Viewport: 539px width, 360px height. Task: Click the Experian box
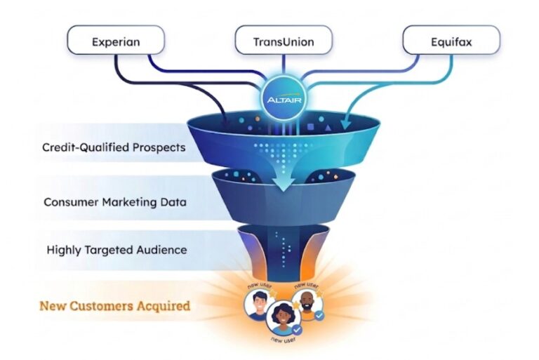[116, 41]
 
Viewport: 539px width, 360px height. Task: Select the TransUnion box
[283, 41]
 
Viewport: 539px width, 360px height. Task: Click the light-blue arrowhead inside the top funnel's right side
[346, 126]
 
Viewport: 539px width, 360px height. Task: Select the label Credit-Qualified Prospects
[114, 148]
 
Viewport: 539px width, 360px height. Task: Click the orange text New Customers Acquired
[114, 306]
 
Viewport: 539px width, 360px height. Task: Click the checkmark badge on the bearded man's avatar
[321, 316]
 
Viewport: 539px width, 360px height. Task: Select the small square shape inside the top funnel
[311, 128]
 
